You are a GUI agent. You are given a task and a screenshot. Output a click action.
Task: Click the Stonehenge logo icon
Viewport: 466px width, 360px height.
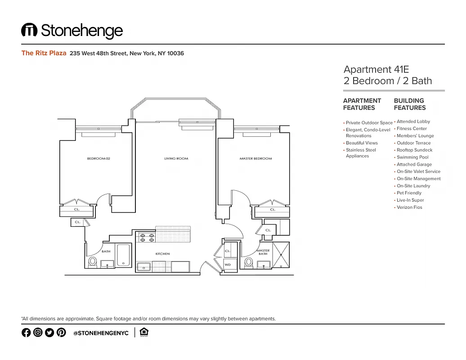tap(29, 30)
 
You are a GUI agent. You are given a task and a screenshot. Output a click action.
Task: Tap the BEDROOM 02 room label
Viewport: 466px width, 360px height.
tap(99, 158)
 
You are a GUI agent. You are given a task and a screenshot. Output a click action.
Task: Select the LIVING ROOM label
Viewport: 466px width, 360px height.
tap(176, 158)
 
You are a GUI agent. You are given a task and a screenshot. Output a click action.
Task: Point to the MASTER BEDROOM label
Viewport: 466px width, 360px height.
tap(255, 158)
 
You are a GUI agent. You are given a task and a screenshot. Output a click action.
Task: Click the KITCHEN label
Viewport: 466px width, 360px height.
tap(162, 254)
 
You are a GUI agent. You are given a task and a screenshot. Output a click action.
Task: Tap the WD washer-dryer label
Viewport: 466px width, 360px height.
tap(228, 265)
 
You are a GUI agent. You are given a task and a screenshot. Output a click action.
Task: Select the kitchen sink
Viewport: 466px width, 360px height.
tap(144, 266)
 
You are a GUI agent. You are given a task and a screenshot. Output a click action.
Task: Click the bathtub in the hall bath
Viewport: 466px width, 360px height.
tap(123, 255)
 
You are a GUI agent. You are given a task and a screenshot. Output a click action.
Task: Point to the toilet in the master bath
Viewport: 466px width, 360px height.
tap(248, 262)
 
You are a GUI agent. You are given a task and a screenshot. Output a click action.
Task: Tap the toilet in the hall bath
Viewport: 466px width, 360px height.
tap(93, 262)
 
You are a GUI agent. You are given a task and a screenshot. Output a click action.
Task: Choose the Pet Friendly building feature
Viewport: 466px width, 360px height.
tap(409, 193)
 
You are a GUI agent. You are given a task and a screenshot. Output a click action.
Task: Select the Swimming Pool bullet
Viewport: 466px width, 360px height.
tap(412, 157)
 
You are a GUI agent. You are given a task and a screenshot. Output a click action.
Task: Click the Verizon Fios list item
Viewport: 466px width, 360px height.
tap(409, 207)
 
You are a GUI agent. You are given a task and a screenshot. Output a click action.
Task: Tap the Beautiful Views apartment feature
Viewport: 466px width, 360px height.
tap(362, 143)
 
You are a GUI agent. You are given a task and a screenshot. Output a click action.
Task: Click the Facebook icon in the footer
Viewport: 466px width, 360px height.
tap(26, 333)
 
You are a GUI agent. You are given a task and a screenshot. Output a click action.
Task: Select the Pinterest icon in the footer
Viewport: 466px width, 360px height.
tap(61, 333)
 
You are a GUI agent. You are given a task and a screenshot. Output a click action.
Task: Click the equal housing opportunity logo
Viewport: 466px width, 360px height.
tap(144, 332)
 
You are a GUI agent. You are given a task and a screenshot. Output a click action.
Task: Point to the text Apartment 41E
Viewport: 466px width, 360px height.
tap(376, 69)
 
